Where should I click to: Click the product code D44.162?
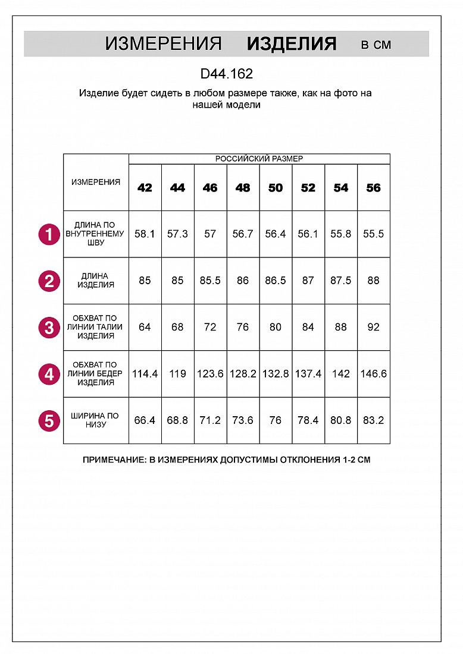point(227,74)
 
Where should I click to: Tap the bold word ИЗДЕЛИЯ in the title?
point(292,44)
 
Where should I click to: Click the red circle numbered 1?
point(49,234)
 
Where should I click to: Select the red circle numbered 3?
point(49,328)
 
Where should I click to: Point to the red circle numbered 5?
point(49,421)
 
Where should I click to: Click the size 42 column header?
point(145,188)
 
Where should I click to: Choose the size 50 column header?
point(276,188)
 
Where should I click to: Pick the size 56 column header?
point(373,188)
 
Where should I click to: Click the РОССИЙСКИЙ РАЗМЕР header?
point(259,159)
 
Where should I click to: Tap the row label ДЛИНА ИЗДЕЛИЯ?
point(96,281)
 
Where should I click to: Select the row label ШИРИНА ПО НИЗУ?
point(96,420)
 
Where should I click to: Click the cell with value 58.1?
point(145,234)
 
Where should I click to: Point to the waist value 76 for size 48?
point(243,327)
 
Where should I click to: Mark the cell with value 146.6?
point(373,374)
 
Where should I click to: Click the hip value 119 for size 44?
point(177,374)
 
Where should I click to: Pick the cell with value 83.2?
point(373,420)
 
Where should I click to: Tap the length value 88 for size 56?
point(373,281)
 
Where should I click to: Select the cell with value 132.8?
point(276,374)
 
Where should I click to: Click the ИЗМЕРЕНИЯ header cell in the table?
point(96,183)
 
